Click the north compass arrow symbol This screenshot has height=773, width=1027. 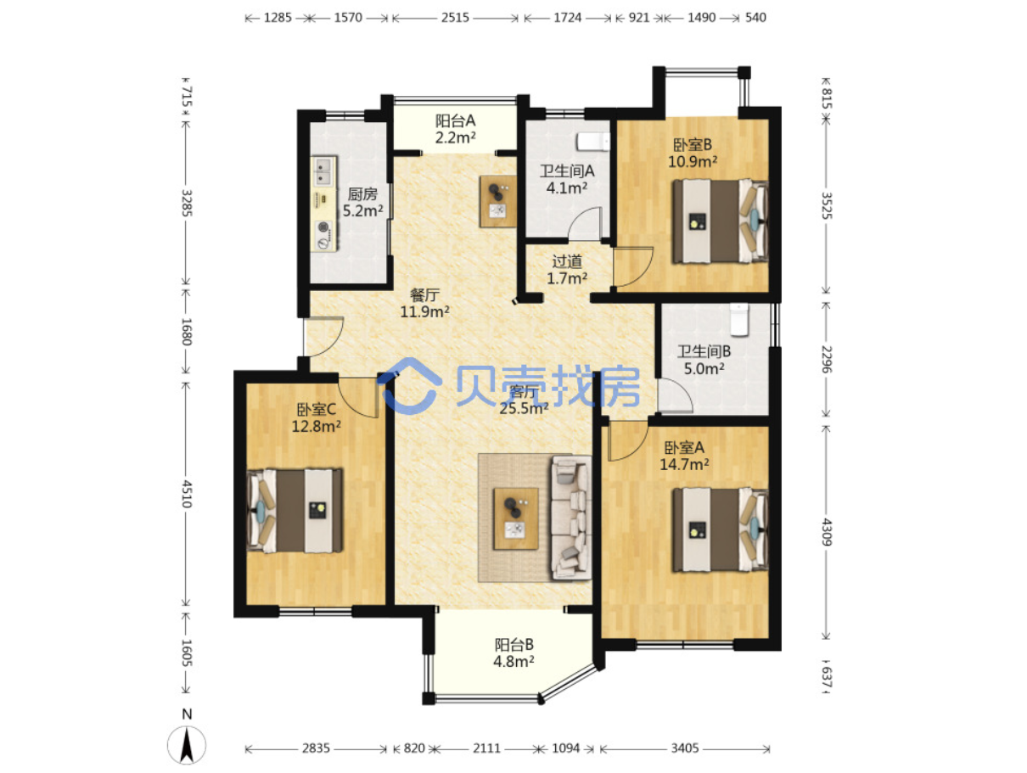point(186,744)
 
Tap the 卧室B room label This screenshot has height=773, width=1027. point(692,144)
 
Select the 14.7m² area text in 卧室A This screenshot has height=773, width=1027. point(683,464)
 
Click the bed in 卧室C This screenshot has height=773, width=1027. point(295,511)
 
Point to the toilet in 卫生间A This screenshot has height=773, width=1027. point(592,142)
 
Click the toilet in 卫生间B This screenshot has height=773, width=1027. point(738,321)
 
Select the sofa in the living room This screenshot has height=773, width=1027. point(571,518)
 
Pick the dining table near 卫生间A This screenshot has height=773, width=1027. point(497,201)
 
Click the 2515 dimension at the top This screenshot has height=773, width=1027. point(455,18)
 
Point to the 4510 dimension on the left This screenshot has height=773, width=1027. point(186,494)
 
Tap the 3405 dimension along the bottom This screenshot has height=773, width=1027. point(684,748)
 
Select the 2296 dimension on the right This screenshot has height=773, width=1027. point(827,359)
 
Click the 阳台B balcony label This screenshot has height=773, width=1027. point(513,645)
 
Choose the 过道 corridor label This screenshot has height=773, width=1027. point(567,261)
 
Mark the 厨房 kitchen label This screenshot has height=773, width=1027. point(362,194)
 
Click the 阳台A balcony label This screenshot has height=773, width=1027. point(455,121)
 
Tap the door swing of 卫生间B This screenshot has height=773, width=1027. point(675,395)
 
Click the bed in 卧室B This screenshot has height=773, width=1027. point(721,221)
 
